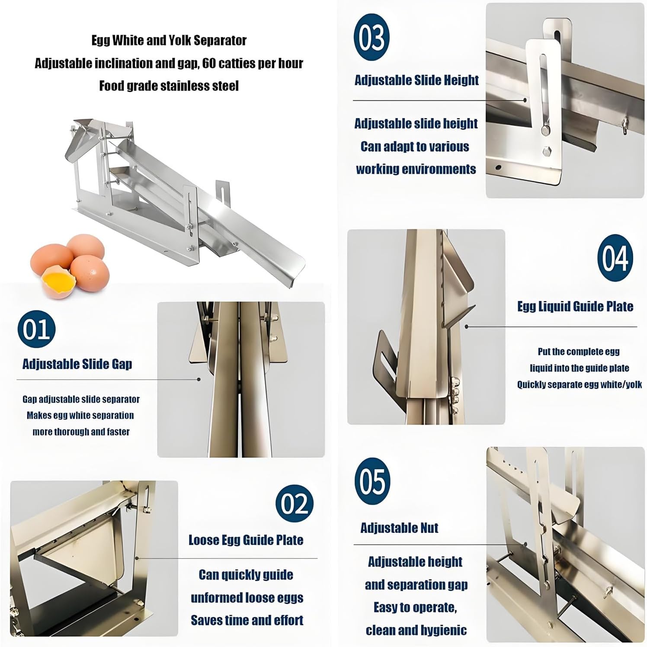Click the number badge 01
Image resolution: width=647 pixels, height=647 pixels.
[36, 329]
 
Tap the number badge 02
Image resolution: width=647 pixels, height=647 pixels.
[295, 503]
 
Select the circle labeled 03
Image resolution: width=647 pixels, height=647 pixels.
[372, 37]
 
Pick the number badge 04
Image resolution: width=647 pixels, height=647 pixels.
[615, 258]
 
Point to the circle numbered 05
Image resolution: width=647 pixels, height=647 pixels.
[372, 481]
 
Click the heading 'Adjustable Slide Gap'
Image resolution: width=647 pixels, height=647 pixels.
[77, 364]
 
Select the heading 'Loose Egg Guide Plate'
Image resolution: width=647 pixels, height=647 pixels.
[246, 540]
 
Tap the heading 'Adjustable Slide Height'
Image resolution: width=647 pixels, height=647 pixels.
[416, 80]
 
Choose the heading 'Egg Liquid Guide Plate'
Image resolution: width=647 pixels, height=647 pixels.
[575, 307]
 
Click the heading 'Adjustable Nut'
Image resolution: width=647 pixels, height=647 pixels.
[399, 528]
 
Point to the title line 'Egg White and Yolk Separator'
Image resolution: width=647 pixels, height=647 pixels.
[169, 41]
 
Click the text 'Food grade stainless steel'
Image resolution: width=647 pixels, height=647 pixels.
[169, 86]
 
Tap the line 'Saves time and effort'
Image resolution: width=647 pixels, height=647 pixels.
[247, 620]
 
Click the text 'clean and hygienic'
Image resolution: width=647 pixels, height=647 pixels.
[416, 630]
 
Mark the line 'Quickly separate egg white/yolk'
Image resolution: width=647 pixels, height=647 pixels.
[580, 384]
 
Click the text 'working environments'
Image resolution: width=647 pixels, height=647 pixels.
[416, 169]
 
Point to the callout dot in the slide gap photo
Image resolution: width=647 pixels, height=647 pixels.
[199, 379]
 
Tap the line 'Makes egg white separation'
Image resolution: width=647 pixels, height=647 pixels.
[80, 416]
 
